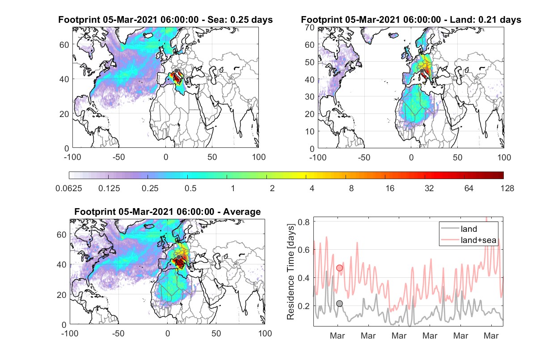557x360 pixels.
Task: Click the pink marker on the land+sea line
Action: point(339,268)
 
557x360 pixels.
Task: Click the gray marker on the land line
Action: point(339,303)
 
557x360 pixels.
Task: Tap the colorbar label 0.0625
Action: point(69,188)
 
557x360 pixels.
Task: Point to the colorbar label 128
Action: point(507,188)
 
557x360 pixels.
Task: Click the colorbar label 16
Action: point(390,188)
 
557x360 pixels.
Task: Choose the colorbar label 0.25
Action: point(150,188)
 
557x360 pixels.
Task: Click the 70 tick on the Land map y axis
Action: point(310,27)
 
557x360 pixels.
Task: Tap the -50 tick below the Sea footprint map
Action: point(118,157)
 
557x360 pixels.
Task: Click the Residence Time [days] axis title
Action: point(291,272)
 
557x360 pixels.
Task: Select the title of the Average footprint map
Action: point(168,212)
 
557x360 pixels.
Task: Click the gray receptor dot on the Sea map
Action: point(176,71)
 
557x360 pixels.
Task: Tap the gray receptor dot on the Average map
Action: point(179,257)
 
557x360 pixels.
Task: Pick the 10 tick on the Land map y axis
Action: point(310,131)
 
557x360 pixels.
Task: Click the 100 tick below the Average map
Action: point(265,333)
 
